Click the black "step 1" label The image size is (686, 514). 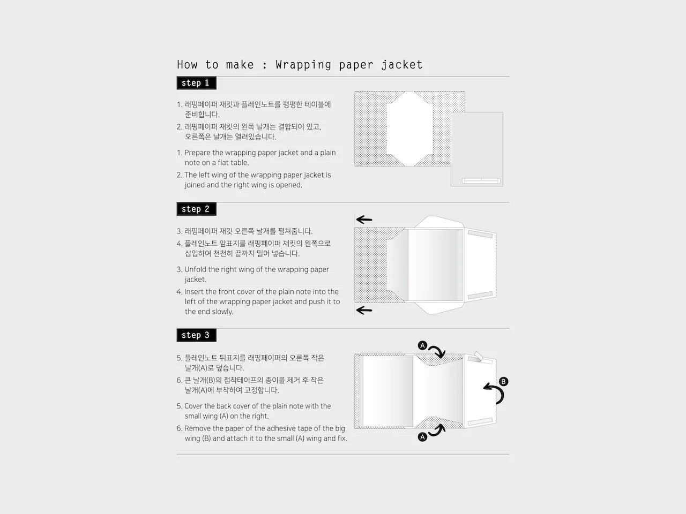196,83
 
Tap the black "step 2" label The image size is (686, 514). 196,209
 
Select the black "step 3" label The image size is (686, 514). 196,335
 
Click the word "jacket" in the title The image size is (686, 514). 402,65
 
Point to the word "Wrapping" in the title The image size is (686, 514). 303,65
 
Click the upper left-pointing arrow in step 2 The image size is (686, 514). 364,220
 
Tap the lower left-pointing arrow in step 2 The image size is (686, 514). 364,310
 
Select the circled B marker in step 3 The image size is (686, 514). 503,381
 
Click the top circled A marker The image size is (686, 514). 422,345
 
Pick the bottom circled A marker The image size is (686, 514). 422,437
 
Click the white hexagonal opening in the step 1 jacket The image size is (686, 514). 409,128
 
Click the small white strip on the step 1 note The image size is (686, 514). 481,180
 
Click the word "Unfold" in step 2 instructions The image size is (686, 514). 195,269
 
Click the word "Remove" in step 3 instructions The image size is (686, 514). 196,428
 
